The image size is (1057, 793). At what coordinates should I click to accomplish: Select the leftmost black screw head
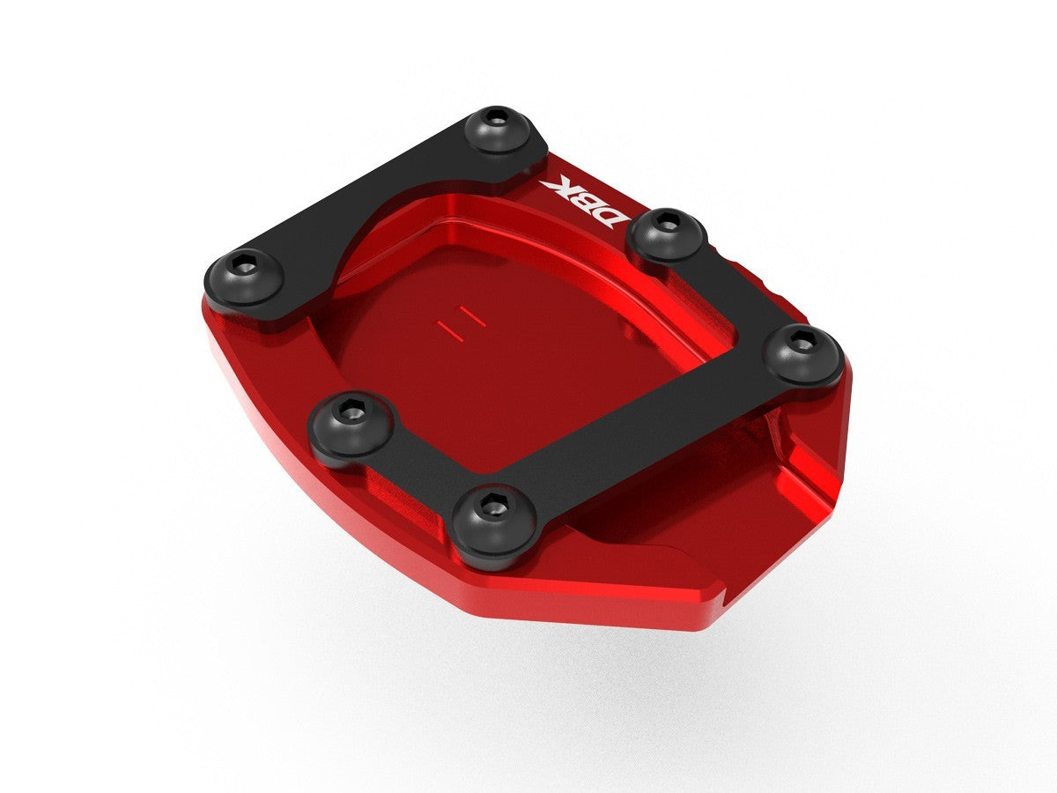245,277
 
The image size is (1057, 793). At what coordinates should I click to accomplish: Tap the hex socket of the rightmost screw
802,339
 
